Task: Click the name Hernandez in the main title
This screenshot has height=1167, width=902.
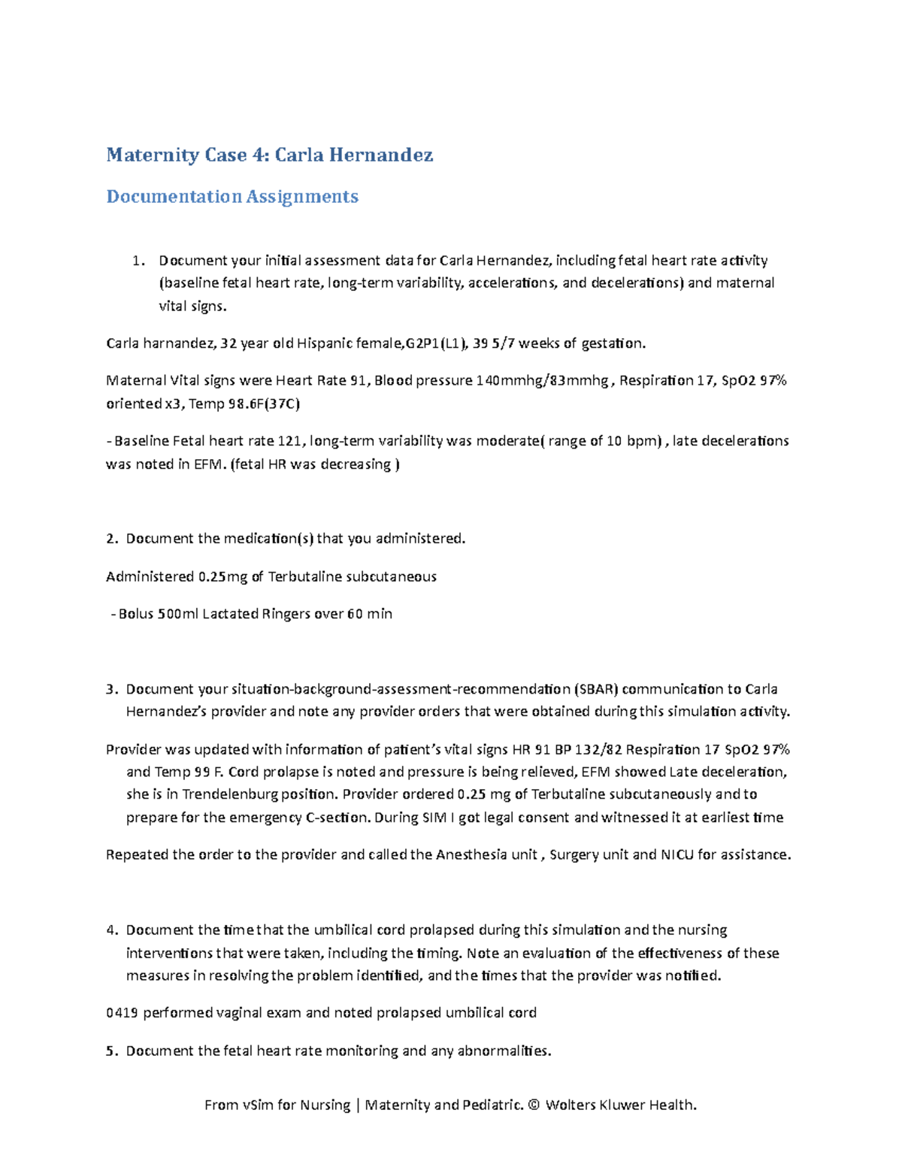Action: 380,156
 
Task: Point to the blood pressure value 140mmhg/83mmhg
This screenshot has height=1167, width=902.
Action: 543,380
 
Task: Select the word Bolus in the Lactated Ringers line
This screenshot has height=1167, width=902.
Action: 135,614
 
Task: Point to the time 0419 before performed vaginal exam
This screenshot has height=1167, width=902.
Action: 122,1013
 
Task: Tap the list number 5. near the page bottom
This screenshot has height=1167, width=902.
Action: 112,1051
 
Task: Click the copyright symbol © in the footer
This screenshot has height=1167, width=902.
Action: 534,1105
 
